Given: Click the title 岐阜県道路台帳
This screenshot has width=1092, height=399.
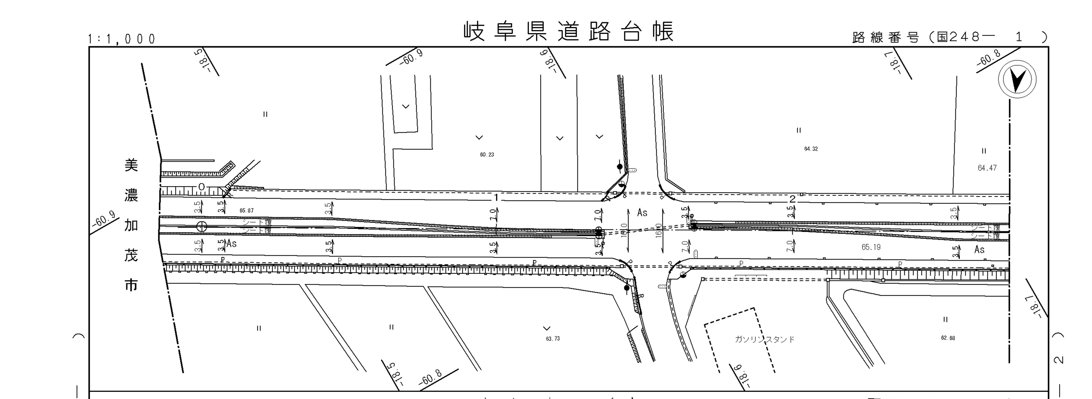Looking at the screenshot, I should (x=568, y=32).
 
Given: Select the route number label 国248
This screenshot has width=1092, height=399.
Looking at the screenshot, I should (x=959, y=37).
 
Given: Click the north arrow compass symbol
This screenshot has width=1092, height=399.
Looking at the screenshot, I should (x=1017, y=80).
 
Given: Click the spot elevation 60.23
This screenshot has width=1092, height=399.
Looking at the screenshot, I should (x=487, y=155).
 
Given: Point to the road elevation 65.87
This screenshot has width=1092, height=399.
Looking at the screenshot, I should (x=246, y=210).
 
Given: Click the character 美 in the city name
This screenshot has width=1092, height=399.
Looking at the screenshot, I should (x=131, y=165).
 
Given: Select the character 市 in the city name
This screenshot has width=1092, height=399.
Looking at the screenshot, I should (x=131, y=286).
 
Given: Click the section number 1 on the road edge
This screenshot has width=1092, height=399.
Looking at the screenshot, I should (x=496, y=198).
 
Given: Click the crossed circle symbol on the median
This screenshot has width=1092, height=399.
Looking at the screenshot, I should (x=202, y=227).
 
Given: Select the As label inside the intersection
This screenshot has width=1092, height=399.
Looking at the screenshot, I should (x=642, y=213).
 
